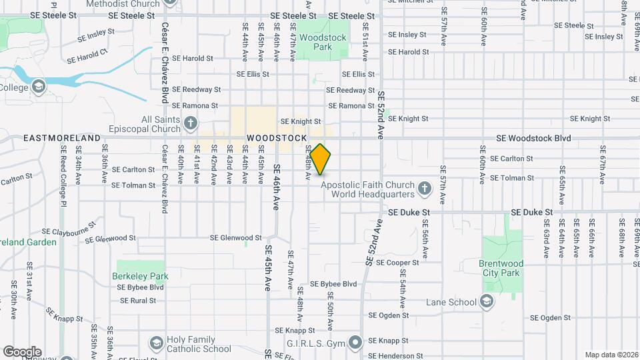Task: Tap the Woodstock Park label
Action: click(x=323, y=42)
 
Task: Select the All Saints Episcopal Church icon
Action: click(x=191, y=123)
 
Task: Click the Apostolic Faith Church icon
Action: click(x=423, y=190)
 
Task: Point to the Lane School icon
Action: click(x=487, y=301)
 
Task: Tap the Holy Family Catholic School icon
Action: click(x=157, y=344)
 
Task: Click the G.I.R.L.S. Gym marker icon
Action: click(x=355, y=344)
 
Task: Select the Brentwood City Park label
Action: click(x=501, y=268)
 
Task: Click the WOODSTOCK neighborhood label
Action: click(x=277, y=138)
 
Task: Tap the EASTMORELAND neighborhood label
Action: click(x=61, y=138)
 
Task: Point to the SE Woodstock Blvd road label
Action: click(x=533, y=138)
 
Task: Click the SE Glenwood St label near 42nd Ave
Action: click(x=236, y=237)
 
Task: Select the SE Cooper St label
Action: click(x=397, y=263)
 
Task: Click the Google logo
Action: click(x=22, y=352)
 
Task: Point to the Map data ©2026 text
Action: click(x=611, y=355)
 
